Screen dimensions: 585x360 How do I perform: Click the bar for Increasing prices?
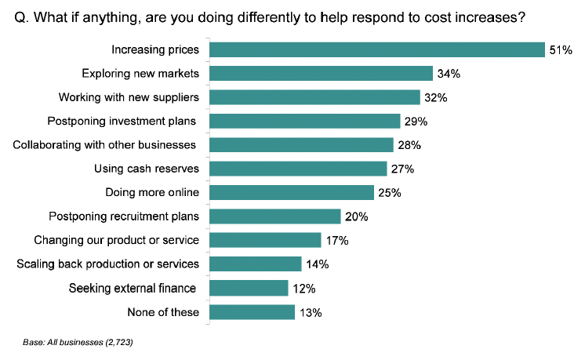[377, 49]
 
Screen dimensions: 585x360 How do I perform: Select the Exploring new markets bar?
[322, 74]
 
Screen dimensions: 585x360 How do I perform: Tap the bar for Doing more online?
[292, 192]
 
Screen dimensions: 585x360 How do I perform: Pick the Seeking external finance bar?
[249, 288]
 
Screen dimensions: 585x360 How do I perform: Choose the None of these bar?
[253, 312]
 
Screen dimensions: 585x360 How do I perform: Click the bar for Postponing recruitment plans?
[275, 216]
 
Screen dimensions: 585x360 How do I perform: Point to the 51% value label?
[561, 50]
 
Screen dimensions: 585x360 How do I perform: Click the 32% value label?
[436, 98]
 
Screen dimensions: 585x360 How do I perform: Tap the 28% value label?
[409, 145]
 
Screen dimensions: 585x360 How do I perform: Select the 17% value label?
[337, 241]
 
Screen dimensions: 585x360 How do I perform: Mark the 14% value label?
[318, 264]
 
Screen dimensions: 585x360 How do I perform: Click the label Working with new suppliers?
[129, 98]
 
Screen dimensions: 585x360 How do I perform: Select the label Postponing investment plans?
[122, 122]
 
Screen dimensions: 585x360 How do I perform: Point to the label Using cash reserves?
[147, 169]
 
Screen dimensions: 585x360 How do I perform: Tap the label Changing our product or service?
[116, 240]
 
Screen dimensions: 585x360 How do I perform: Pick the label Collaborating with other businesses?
[104, 145]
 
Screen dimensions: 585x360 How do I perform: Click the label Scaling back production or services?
[107, 264]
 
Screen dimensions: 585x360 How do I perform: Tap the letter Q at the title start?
[20, 18]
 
